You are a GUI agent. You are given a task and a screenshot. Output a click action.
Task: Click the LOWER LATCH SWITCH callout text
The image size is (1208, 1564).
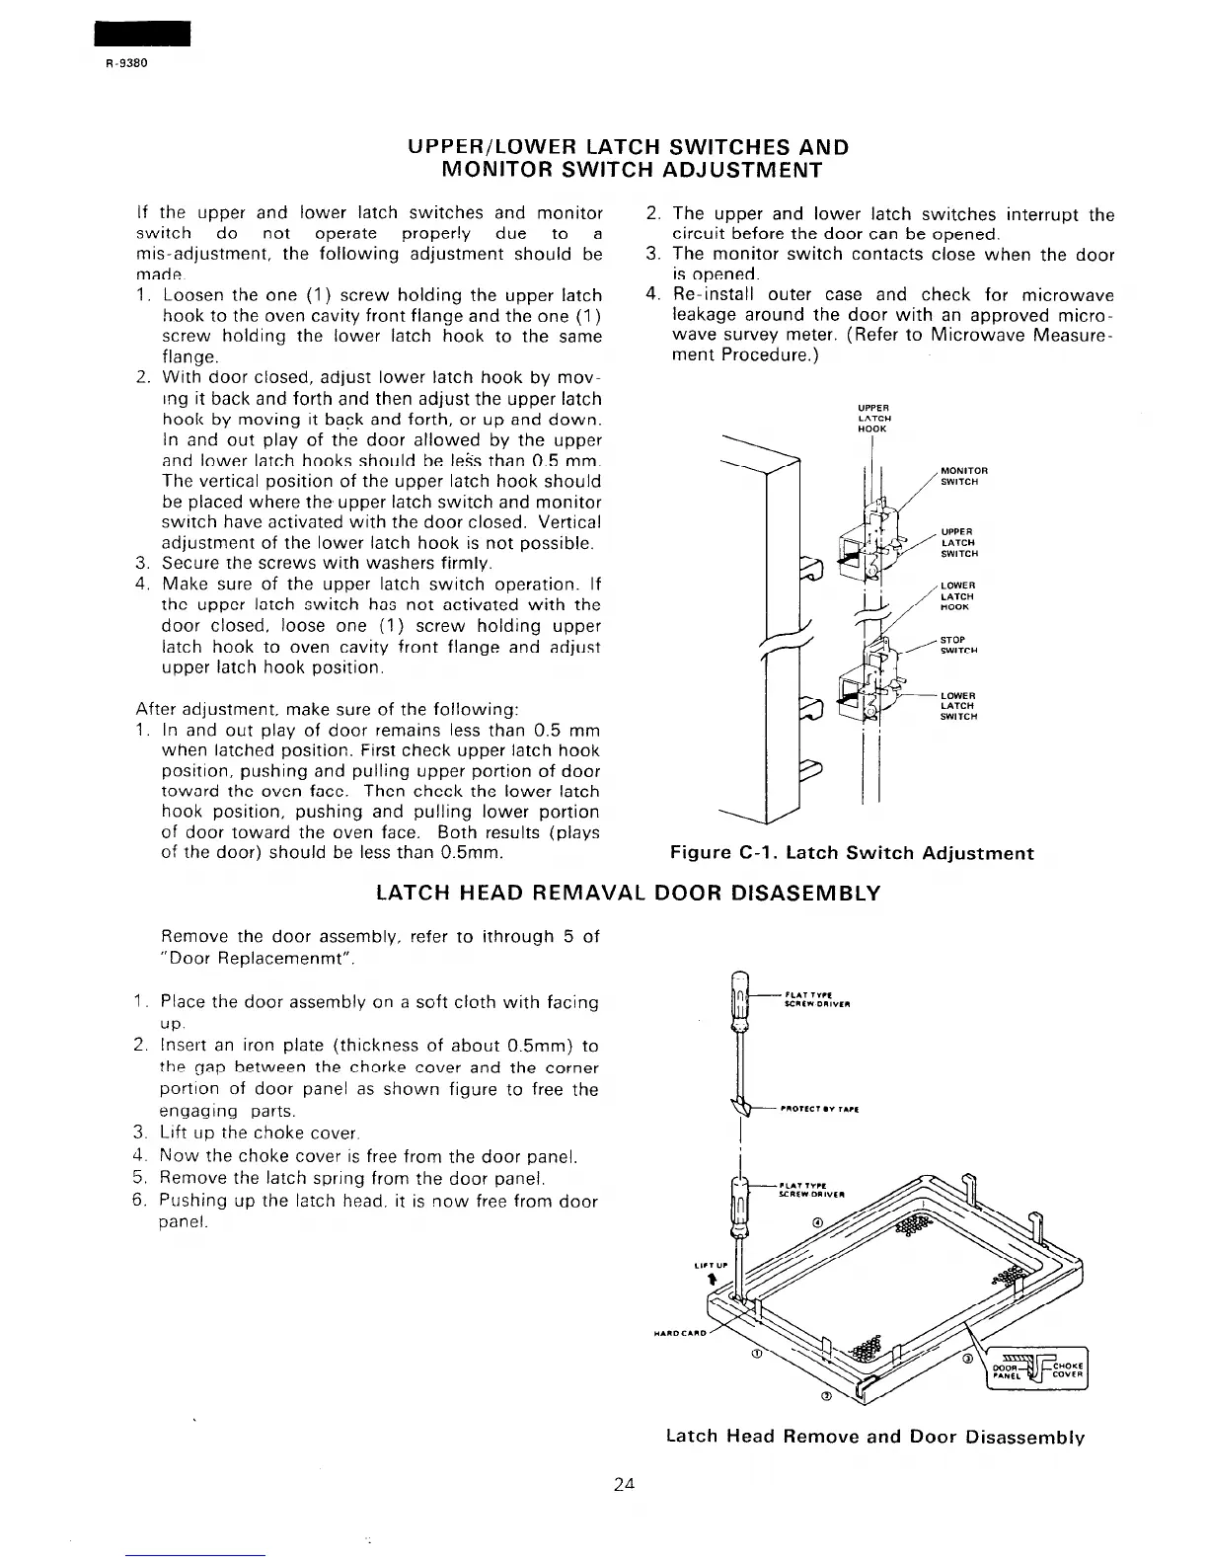958,706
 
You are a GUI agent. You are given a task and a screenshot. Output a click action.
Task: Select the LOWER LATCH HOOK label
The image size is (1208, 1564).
957,596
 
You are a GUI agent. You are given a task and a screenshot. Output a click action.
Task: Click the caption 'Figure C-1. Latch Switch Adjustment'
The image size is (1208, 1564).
852,853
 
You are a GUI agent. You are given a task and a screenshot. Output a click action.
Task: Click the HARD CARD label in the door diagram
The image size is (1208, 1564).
678,1330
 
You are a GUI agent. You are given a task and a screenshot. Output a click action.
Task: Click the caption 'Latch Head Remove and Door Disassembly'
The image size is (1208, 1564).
875,1437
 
